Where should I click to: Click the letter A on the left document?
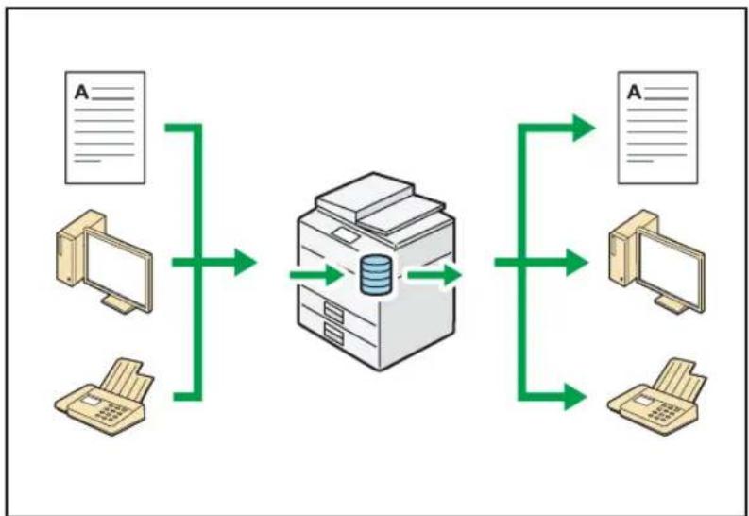[81, 93]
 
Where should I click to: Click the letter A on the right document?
[635, 93]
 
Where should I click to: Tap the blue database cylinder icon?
[376, 275]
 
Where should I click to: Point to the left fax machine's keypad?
[111, 412]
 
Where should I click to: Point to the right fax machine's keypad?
[664, 412]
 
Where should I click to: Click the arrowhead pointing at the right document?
[584, 128]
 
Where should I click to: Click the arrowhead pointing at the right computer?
[576, 263]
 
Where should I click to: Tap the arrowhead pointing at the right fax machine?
[575, 397]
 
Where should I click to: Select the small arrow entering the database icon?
[316, 275]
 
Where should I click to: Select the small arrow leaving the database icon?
[434, 275]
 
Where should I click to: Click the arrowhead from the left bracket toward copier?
[246, 263]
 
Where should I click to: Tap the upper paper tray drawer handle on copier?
[334, 313]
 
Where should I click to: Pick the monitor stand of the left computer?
[118, 304]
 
